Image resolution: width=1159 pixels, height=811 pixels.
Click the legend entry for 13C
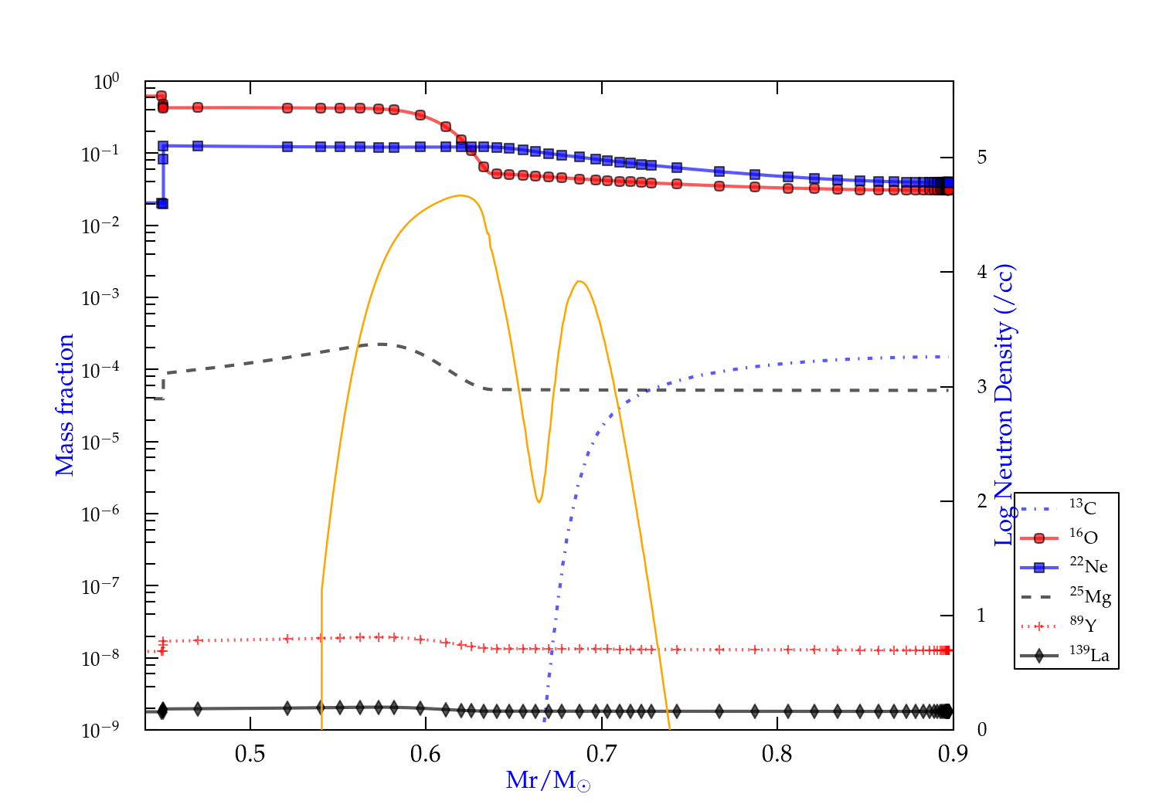click(x=1083, y=508)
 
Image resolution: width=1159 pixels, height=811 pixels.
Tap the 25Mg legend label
click(x=1090, y=596)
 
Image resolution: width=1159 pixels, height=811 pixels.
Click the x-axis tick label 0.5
click(x=250, y=754)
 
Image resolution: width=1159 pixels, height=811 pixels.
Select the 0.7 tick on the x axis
click(x=601, y=754)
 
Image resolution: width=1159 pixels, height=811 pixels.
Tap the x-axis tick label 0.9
click(x=953, y=754)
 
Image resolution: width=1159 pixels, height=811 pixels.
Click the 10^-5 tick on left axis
click(x=100, y=443)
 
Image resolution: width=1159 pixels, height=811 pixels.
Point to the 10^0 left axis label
click(x=106, y=82)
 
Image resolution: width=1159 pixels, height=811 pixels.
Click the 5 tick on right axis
click(x=981, y=158)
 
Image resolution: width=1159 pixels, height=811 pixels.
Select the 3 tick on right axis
click(x=981, y=387)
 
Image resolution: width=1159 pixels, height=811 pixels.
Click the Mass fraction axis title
click(x=64, y=405)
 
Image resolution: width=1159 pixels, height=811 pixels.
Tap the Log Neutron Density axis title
click(x=1004, y=405)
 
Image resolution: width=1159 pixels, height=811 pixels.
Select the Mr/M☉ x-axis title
click(x=548, y=781)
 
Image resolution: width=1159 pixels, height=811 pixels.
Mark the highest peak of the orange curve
click(x=461, y=195)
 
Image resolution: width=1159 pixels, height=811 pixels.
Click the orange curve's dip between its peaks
click(x=539, y=502)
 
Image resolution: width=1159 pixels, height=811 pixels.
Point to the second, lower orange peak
click(x=579, y=281)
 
